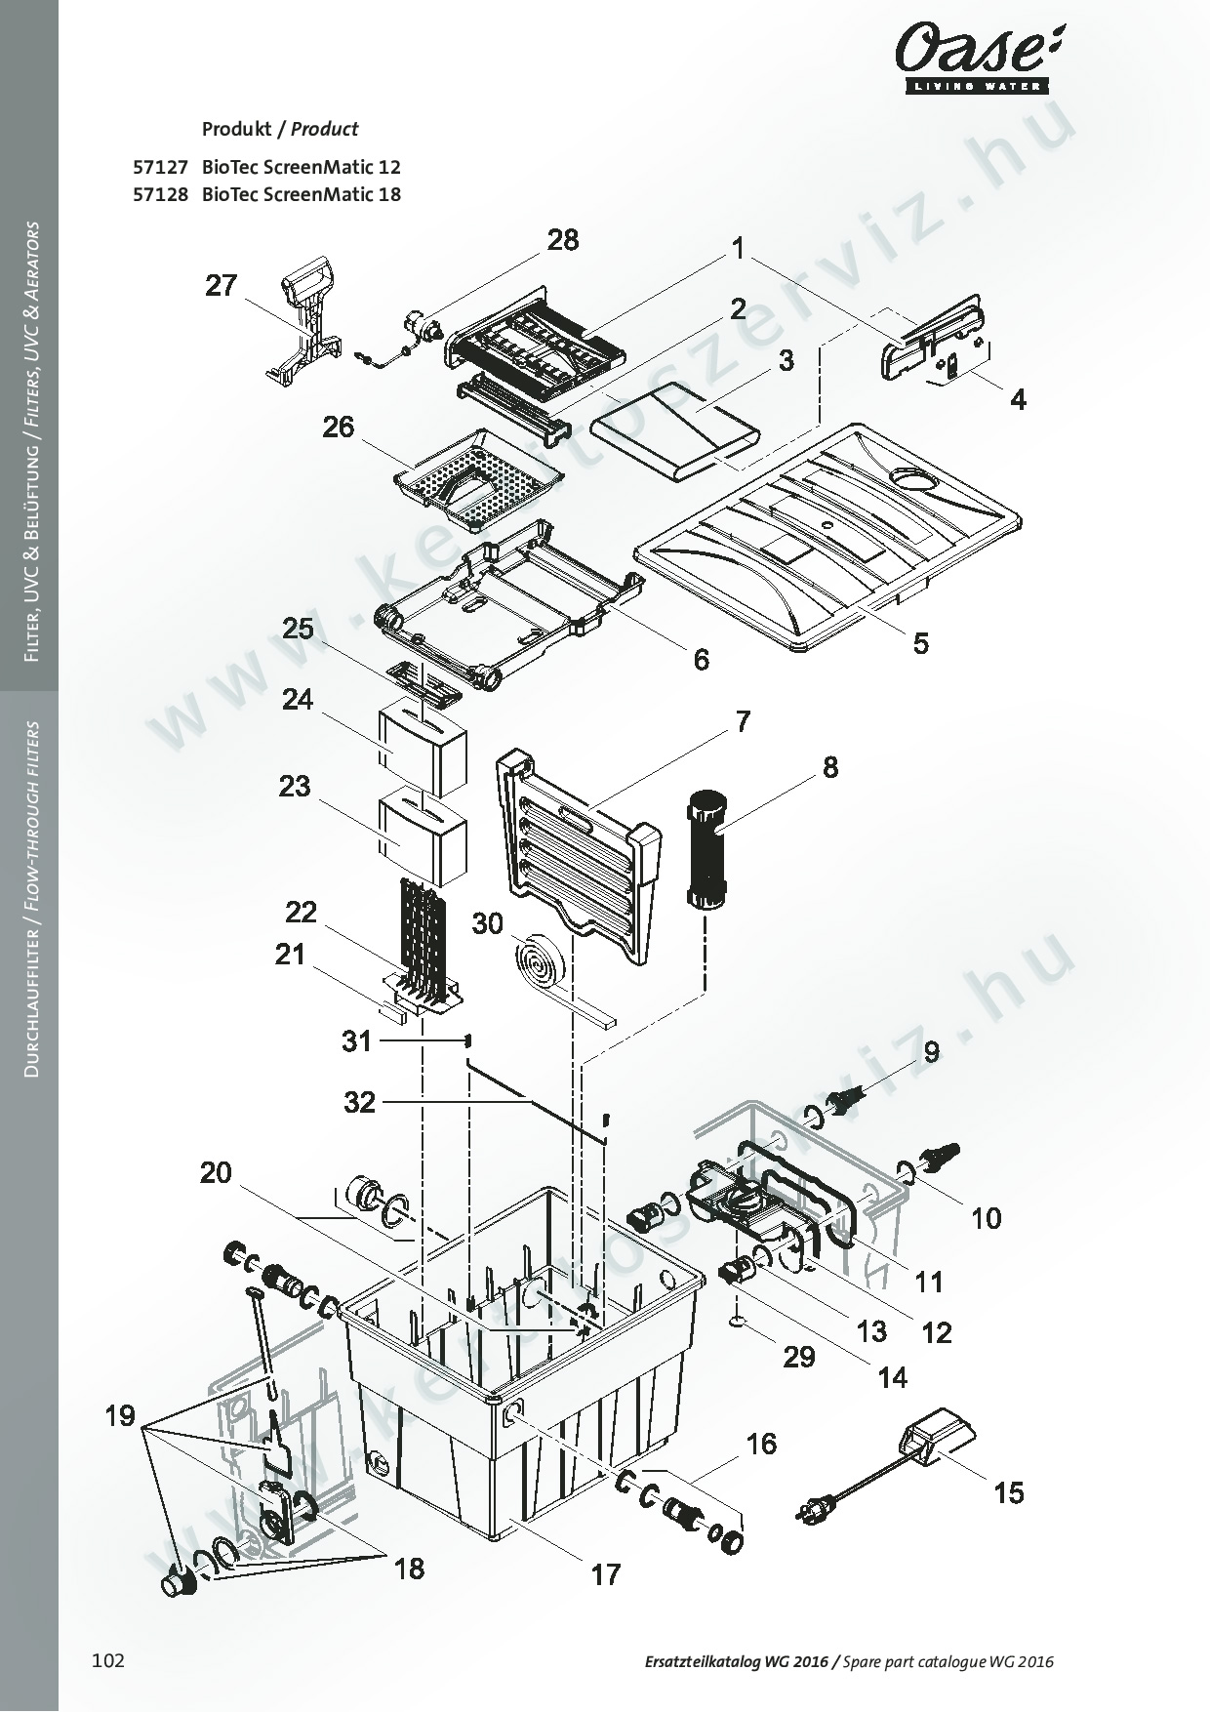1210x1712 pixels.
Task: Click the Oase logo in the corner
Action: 975,58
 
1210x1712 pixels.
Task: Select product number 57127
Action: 159,167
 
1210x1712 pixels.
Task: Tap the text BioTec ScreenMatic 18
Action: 302,193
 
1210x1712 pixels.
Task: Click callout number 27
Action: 222,286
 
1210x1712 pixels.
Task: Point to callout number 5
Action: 920,643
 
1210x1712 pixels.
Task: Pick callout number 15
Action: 1009,1492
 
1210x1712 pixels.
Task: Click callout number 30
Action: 487,922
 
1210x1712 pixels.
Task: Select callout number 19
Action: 120,1415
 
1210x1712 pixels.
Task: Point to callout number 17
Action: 605,1574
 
